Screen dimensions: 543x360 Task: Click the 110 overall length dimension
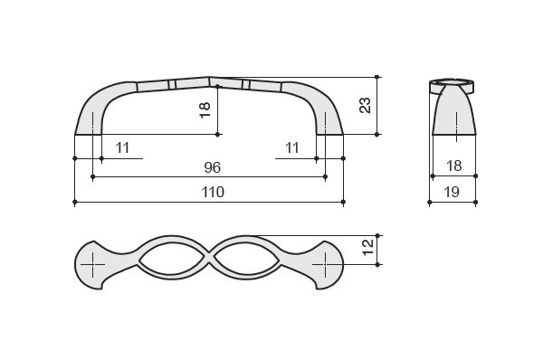pos(213,192)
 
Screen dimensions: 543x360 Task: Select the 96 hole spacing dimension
pos(213,167)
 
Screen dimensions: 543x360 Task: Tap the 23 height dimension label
pos(365,106)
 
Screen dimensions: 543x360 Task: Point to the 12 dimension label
pos(368,247)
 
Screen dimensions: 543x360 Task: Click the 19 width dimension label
pos(452,192)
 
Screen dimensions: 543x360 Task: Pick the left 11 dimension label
pos(122,147)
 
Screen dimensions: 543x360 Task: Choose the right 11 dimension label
pos(292,147)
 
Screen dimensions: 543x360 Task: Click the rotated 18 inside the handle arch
pos(205,110)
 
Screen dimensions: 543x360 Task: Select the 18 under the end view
pos(453,166)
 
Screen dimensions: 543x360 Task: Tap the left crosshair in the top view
pos(93,265)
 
